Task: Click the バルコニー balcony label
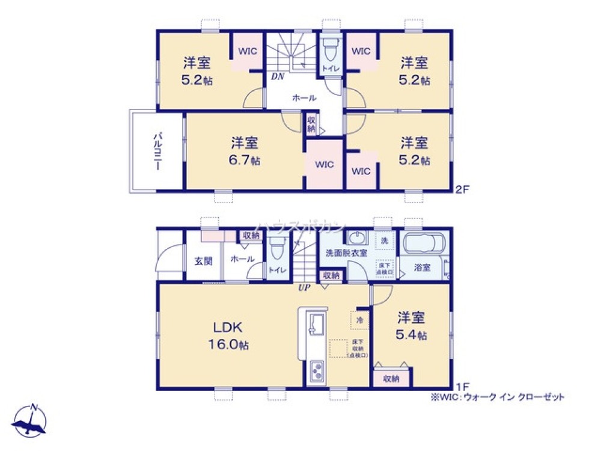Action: (x=155, y=151)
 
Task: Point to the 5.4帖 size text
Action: (x=412, y=336)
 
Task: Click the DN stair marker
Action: (x=277, y=76)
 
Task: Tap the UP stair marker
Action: (x=304, y=287)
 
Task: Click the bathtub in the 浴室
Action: (x=424, y=246)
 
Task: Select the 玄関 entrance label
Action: (x=203, y=261)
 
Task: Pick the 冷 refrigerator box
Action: (x=359, y=321)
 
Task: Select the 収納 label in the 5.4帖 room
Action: (x=391, y=379)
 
